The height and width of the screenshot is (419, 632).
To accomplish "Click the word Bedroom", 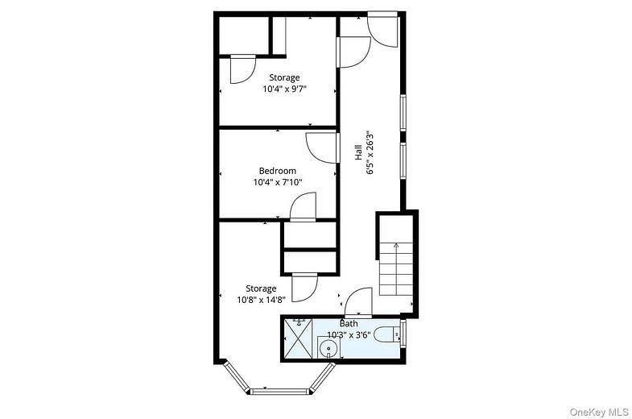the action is click(277, 171).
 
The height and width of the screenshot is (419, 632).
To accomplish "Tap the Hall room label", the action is click(358, 152).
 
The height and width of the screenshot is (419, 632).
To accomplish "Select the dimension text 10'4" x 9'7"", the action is click(285, 89).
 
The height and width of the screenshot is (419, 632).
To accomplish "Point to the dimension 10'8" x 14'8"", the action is click(261, 300).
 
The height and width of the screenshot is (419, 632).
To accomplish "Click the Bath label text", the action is click(349, 323).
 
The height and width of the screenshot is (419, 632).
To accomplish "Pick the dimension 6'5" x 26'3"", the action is click(370, 152).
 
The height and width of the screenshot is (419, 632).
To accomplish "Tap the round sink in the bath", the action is click(329, 348).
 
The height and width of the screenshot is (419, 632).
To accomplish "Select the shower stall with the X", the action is click(298, 338).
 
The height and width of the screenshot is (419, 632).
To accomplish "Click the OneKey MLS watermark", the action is click(599, 412).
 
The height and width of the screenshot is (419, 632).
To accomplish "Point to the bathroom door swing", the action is click(357, 301).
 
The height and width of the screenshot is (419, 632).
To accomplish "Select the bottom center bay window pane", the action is click(279, 391).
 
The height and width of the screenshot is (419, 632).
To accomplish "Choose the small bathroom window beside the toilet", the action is click(403, 333).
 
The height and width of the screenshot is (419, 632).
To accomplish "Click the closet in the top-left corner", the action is click(244, 35).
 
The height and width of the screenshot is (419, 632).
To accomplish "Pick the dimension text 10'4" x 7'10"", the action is click(278, 182).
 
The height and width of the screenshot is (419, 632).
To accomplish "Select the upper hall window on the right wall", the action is click(403, 113).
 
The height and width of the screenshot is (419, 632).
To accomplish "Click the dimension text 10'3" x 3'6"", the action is click(349, 334).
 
